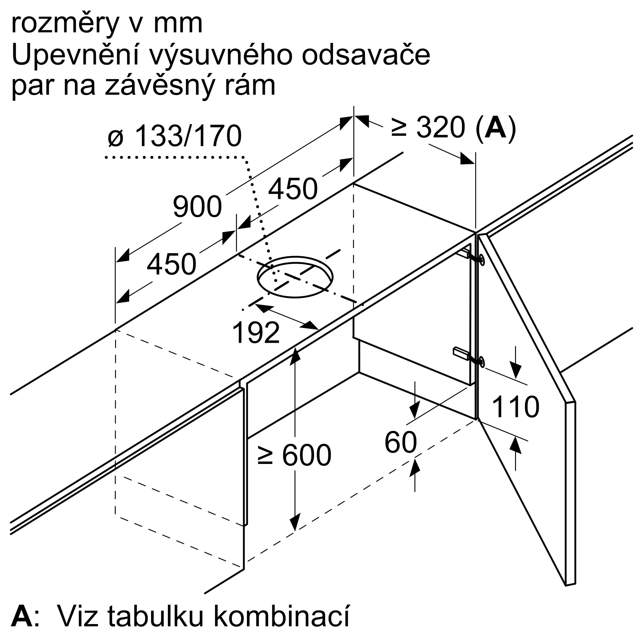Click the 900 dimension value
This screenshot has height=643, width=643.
tap(197, 207)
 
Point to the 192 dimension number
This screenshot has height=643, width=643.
tap(256, 333)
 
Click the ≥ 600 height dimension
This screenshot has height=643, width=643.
tap(294, 455)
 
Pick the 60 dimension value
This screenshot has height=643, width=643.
tap(400, 442)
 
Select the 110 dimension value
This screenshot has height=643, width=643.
tap(515, 407)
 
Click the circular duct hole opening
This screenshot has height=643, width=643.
tap(295, 277)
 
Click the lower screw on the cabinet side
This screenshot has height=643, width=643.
tap(481, 361)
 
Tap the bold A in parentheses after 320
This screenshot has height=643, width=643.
tap(495, 128)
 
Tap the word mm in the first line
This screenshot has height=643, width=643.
tap(178, 24)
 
